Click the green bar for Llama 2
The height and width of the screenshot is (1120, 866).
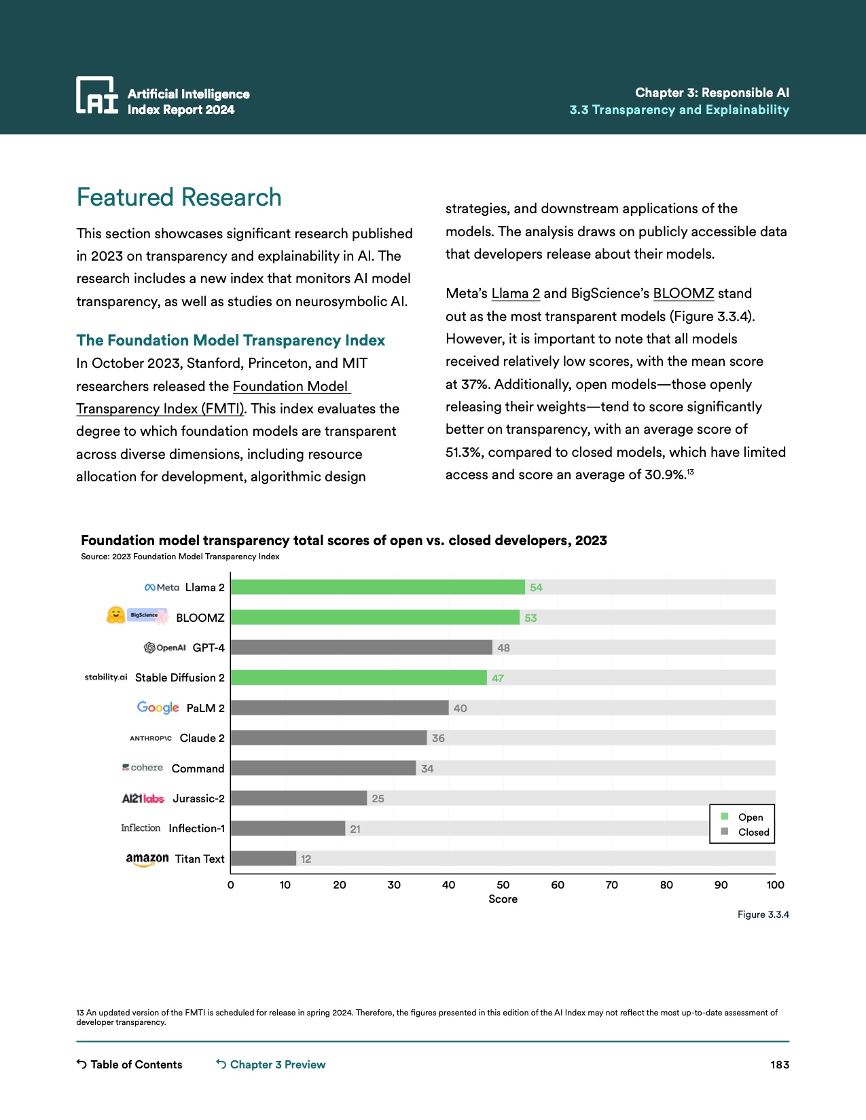(378, 587)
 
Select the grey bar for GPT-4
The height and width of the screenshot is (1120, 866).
(361, 648)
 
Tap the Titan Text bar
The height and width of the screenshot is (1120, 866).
(264, 859)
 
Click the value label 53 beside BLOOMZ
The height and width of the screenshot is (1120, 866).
(530, 618)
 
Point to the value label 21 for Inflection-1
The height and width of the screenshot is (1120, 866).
(355, 829)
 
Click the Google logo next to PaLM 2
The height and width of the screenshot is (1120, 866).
(158, 707)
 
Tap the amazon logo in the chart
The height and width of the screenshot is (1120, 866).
(147, 859)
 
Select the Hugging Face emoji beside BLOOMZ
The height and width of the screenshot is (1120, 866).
(116, 615)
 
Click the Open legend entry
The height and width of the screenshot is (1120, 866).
(750, 817)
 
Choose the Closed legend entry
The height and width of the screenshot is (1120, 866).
(753, 832)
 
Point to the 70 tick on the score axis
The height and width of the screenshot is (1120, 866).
(612, 885)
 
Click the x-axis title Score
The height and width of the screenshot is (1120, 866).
(503, 899)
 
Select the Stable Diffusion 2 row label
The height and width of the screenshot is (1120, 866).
(180, 677)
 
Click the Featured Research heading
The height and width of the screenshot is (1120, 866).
(179, 198)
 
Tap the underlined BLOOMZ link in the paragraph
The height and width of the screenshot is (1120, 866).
(683, 293)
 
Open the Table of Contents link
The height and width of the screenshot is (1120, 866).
(136, 1064)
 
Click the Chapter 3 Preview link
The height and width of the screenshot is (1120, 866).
(277, 1064)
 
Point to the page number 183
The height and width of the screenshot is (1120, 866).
(780, 1064)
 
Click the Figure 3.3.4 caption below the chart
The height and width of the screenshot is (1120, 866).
(763, 914)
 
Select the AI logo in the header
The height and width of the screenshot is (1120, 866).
(97, 95)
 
